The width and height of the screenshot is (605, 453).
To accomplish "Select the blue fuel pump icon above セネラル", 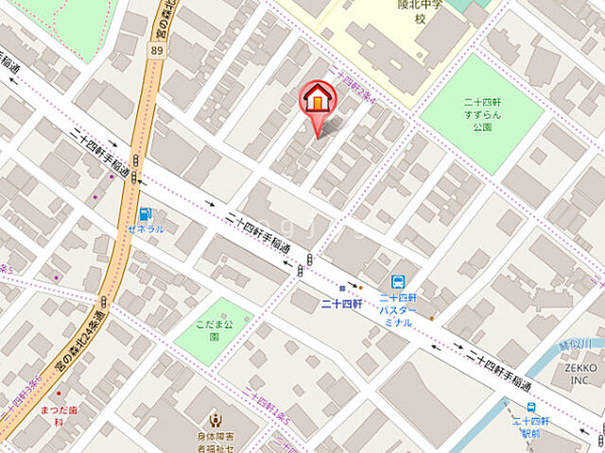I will (x=145, y=214).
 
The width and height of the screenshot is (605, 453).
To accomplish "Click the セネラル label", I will (x=145, y=229).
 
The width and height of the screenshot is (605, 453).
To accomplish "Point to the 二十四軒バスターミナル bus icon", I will (x=399, y=281).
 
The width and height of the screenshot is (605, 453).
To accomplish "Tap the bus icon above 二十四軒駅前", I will (x=532, y=408).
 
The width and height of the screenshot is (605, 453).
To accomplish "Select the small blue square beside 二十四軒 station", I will (x=342, y=288).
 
